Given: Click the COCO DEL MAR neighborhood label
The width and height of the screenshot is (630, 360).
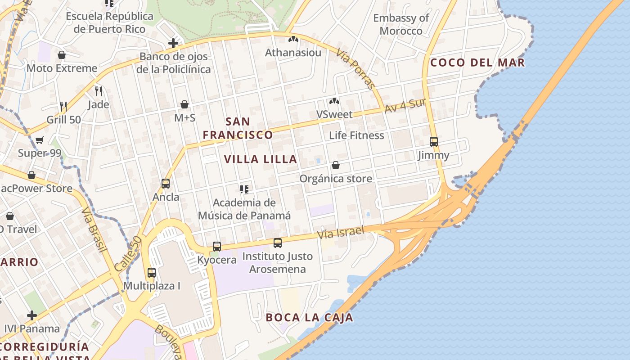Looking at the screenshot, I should click(477, 63).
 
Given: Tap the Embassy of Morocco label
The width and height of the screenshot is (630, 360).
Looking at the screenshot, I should click(401, 24).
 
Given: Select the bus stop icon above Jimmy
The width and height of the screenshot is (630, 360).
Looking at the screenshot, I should click(434, 142).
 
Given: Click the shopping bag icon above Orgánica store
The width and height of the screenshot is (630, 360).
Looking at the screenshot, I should click(336, 165).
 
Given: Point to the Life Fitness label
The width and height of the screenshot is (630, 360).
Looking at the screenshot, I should click(356, 135).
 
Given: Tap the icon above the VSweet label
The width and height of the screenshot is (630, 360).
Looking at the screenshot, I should click(334, 101).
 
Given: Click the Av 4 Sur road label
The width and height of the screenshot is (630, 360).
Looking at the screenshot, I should click(405, 107).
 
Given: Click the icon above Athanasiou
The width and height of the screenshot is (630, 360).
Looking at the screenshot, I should click(293, 40).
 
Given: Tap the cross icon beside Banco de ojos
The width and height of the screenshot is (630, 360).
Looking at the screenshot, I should click(173, 43).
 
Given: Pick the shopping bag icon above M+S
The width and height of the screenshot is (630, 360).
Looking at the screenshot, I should click(184, 104).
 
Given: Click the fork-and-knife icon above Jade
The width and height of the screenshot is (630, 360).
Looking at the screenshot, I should click(99, 91).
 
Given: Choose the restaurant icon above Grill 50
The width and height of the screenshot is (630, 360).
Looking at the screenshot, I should click(63, 107).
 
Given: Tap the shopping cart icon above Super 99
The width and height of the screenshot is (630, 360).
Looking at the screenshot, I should click(40, 140).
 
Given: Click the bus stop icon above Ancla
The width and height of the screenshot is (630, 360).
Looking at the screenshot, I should click(166, 184).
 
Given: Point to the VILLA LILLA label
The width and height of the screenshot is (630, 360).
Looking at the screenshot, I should click(261, 159).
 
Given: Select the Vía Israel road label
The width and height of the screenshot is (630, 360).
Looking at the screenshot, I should click(340, 233).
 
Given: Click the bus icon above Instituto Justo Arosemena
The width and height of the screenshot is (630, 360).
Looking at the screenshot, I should click(278, 243).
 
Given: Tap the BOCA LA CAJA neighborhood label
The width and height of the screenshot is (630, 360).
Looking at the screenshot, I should click(309, 318).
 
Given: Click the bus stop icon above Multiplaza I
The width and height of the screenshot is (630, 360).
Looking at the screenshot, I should click(152, 273).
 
